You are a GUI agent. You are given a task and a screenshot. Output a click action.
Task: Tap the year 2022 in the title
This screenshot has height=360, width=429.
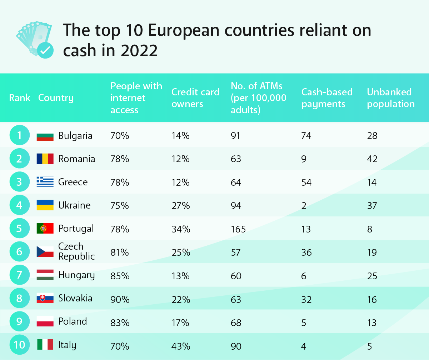(x=139, y=51)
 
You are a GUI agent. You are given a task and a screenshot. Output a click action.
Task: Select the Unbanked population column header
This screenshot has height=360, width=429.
(x=391, y=98)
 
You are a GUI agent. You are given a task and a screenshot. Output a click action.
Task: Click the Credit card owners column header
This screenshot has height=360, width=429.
(x=195, y=98)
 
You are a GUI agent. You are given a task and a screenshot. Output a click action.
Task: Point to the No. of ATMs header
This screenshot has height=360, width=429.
(x=258, y=98)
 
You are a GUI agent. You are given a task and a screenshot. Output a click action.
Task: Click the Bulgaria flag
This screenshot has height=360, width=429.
(x=45, y=136)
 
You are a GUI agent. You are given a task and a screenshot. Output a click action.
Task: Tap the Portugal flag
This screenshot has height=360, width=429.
(x=45, y=229)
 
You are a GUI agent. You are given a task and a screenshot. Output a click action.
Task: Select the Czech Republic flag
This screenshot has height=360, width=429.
(x=45, y=251)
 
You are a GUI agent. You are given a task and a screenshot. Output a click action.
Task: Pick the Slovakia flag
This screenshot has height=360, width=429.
(x=45, y=298)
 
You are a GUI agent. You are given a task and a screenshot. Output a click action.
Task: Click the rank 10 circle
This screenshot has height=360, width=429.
(x=20, y=345)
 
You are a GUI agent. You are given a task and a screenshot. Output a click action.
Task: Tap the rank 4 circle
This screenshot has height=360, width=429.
(x=19, y=205)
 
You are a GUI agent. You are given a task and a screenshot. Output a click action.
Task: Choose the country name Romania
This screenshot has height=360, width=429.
(x=76, y=159)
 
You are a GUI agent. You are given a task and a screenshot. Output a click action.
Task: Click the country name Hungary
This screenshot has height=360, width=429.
(x=76, y=275)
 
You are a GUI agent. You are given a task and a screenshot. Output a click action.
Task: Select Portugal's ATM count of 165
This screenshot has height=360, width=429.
(x=238, y=229)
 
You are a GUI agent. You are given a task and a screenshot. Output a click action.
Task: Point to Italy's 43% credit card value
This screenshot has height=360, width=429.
(x=181, y=346)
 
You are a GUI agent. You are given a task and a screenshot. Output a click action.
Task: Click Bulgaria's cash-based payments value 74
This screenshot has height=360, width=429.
(x=306, y=136)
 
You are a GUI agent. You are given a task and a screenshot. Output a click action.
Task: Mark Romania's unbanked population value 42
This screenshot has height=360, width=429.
(x=372, y=159)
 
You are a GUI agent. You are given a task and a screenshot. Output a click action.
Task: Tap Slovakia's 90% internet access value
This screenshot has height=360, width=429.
(x=120, y=299)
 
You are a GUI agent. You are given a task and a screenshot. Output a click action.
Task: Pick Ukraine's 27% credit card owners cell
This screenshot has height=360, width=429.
(x=181, y=206)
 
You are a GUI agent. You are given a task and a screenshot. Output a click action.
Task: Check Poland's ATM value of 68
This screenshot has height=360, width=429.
(x=236, y=323)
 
